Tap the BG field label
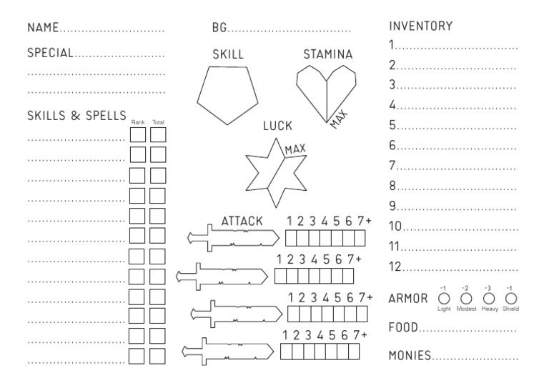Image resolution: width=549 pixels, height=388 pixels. coord(219,29)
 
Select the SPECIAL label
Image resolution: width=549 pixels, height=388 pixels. coord(50,53)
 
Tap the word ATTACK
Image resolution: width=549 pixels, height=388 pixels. coord(242,222)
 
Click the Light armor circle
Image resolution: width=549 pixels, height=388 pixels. coord(443,298)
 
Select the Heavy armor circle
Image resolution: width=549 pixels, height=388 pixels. coord(490,298)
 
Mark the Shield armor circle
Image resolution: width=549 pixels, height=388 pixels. coord(510,298)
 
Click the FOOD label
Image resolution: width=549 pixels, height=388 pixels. coord(404,328)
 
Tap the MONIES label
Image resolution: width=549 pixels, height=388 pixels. coord(410,355)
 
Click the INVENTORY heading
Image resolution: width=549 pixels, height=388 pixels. coord(421,26)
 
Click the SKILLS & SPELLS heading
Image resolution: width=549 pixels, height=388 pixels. coord(76,116)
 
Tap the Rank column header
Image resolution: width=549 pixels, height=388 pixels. coord(137,123)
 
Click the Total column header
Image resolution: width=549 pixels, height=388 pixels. coord(158,123)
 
